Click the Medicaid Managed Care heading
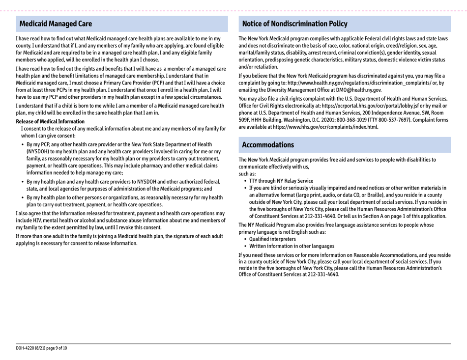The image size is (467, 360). [x=55, y=24]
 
